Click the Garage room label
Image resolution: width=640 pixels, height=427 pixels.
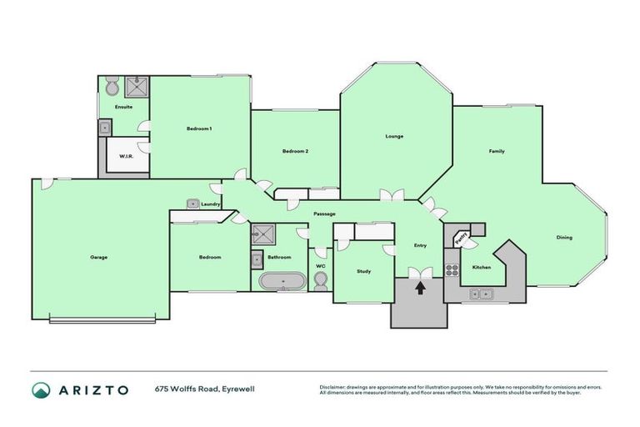pyautogui.click(x=98, y=257)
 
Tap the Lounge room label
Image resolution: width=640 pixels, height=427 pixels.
pyautogui.click(x=394, y=136)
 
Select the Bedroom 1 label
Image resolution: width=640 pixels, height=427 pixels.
pyautogui.click(x=198, y=128)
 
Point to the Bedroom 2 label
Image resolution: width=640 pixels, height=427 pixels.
pyautogui.click(x=295, y=151)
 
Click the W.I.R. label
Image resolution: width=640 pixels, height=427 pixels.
pyautogui.click(x=127, y=156)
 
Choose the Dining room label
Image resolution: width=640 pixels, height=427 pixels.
pyautogui.click(x=564, y=238)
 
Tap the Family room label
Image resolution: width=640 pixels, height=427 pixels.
pyautogui.click(x=497, y=151)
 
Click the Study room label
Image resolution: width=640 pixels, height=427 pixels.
pyautogui.click(x=363, y=271)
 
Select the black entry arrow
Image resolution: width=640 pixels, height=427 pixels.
pyautogui.click(x=420, y=288)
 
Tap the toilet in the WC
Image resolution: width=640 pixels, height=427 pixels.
pyautogui.click(x=321, y=279)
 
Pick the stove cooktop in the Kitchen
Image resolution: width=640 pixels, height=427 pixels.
pyautogui.click(x=452, y=269)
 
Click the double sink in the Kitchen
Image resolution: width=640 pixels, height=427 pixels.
pyautogui.click(x=480, y=293)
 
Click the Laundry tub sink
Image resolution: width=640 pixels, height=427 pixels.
pyautogui.click(x=192, y=203)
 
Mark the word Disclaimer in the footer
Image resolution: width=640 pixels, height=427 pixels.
pyautogui.click(x=332, y=387)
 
